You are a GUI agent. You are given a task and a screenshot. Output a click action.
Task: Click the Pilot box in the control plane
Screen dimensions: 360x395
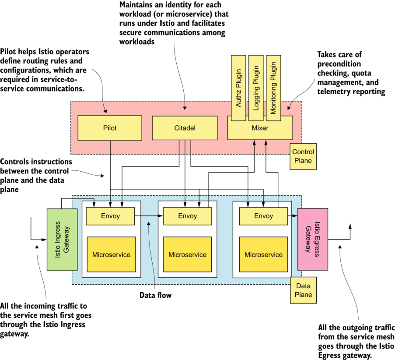109,128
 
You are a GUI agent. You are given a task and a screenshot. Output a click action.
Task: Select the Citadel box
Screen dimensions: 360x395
185,128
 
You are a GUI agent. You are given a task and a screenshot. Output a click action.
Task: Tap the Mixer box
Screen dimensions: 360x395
260,128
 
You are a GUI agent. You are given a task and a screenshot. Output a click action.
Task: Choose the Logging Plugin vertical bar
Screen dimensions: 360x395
255,88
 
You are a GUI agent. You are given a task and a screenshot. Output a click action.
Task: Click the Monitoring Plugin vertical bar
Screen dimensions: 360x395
273,88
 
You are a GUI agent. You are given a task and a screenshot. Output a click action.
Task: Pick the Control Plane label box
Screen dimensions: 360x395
303,156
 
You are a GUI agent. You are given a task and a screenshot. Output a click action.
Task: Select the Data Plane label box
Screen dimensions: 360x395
303,290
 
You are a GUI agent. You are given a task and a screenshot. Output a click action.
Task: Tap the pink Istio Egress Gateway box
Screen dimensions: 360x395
312,239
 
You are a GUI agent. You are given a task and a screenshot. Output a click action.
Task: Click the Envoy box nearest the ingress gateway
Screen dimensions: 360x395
110,216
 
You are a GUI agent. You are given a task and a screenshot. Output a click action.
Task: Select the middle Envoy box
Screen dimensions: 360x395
187,216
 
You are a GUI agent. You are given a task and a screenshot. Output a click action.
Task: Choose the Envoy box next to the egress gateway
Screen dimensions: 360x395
263,216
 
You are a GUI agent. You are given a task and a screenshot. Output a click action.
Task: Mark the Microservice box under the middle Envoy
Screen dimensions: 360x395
187,254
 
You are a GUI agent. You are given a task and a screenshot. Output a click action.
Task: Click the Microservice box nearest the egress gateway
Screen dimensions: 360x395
263,254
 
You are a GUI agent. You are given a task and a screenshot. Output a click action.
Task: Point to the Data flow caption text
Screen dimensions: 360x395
155,295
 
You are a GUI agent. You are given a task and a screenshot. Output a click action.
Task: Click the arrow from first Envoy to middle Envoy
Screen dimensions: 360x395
148,216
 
